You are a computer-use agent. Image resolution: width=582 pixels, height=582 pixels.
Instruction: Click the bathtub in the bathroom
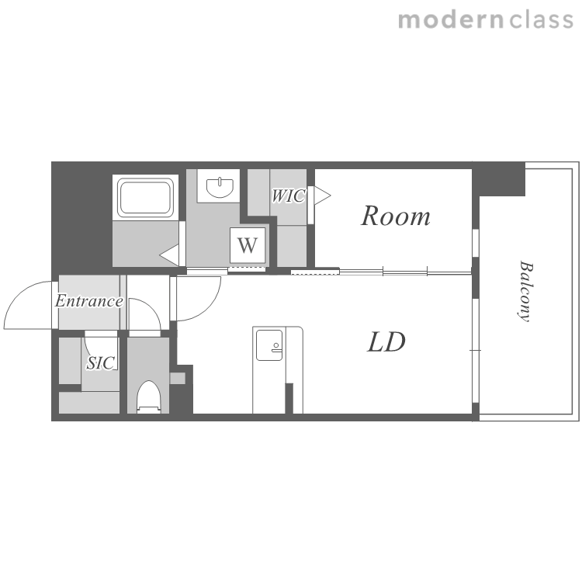pos(146,197)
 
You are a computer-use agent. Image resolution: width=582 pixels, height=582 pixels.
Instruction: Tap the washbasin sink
pos(220,187)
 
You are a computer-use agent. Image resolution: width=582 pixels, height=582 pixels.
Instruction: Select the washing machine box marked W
pos(248,245)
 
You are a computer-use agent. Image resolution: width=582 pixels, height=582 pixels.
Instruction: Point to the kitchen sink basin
pos(269,345)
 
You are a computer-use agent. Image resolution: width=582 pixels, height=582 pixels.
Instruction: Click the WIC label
pos(289,196)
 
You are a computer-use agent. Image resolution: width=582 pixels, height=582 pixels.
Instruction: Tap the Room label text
pos(396,216)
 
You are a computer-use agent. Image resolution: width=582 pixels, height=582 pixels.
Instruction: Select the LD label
pos(386,342)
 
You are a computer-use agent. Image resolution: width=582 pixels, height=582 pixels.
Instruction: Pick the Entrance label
pos(89,301)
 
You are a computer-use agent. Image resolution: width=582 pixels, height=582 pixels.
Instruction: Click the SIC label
pos(100,363)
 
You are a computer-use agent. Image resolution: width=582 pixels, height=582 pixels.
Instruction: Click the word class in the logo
pos(541,19)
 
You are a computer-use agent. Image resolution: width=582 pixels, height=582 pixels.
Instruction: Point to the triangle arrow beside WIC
pos(322,196)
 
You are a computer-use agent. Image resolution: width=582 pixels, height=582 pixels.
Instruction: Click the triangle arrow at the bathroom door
pos(169,255)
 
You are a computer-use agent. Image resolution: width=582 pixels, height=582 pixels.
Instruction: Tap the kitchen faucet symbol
pos(275,347)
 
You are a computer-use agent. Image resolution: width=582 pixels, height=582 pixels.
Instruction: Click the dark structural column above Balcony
pos(499,179)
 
